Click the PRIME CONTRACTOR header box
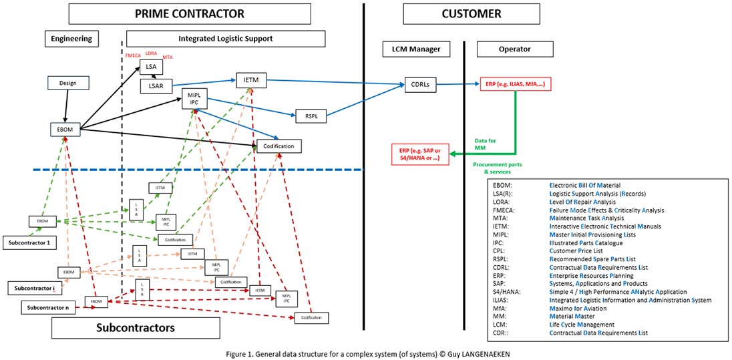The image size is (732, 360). click(190, 13)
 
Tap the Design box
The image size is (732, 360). click(68, 83)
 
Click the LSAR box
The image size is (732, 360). click(156, 85)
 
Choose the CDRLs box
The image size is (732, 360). click(418, 85)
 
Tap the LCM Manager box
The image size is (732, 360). click(415, 49)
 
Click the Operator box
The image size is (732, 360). click(515, 49)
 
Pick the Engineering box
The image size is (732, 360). click(71, 39)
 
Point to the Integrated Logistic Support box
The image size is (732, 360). click(225, 39)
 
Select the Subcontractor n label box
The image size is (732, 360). click(47, 308)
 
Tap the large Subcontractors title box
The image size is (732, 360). click(136, 327)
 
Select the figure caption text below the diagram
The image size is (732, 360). click(366, 352)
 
